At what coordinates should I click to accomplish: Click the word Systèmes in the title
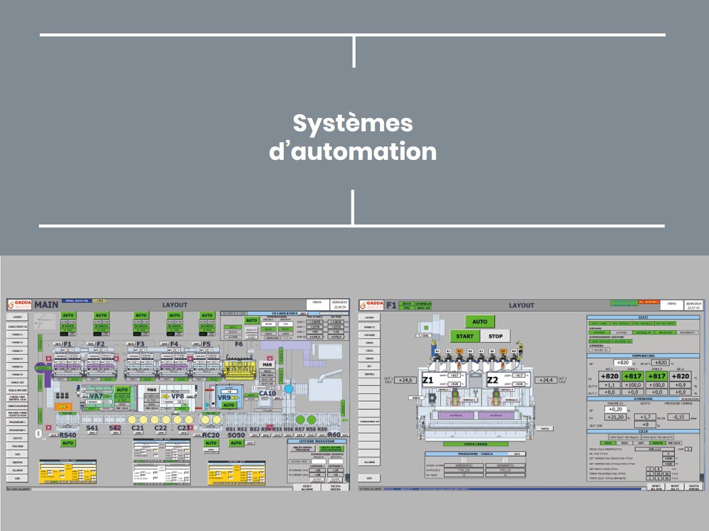(x=352, y=123)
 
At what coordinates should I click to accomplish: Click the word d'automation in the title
(x=352, y=151)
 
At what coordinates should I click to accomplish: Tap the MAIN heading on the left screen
(x=46, y=305)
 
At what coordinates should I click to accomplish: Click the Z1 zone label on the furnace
(x=428, y=380)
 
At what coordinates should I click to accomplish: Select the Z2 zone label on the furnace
(x=492, y=380)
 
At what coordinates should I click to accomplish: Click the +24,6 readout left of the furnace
(x=405, y=380)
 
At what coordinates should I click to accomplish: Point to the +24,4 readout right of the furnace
(x=546, y=380)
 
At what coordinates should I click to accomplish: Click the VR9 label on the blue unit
(x=224, y=397)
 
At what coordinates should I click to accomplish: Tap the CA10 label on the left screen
(x=267, y=393)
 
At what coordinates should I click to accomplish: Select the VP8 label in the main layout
(x=177, y=396)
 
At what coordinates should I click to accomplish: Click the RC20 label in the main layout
(x=210, y=435)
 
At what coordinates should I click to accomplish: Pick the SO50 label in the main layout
(x=236, y=435)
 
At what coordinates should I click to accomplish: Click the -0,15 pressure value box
(x=679, y=417)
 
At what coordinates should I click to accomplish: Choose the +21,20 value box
(x=616, y=417)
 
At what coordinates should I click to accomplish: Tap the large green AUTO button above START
(x=479, y=322)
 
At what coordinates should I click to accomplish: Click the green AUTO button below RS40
(x=68, y=443)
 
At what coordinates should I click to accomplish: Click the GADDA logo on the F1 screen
(x=372, y=305)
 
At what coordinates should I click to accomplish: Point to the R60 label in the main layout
(x=334, y=434)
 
